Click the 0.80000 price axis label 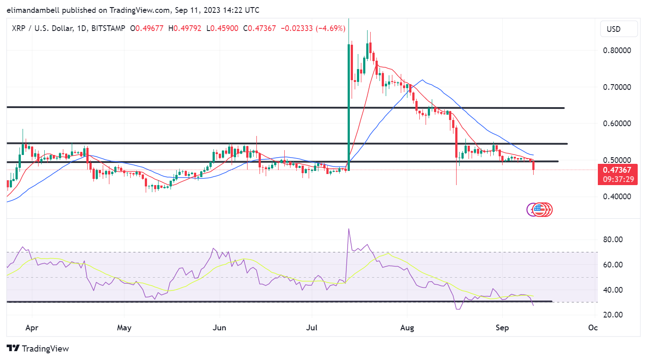[616, 50]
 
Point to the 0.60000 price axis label [616, 124]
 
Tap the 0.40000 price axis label [616, 197]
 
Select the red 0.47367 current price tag [617, 170]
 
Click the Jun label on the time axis [219, 328]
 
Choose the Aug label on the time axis [407, 328]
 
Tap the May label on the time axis [124, 328]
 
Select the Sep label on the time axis [502, 328]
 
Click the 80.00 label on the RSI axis [613, 240]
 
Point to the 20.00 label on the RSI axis [613, 315]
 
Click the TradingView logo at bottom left [38, 348]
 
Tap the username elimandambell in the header [33, 10]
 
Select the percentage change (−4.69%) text [330, 28]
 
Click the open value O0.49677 [147, 28]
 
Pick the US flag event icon [539, 209]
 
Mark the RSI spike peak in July [349, 229]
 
